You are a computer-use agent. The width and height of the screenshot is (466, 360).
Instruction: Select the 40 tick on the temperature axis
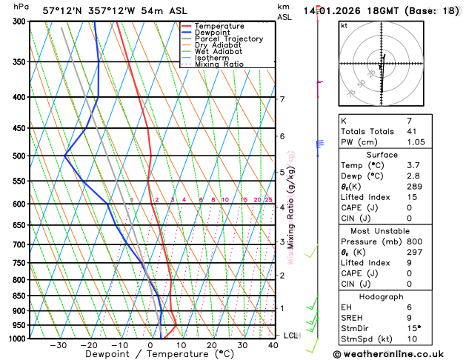[x=273, y=345]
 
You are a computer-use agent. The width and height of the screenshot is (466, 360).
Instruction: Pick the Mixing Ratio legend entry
[x=219, y=64]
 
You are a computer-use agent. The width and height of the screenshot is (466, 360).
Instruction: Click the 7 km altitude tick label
[x=282, y=99]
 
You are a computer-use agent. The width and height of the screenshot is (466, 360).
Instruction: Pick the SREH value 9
[x=410, y=319]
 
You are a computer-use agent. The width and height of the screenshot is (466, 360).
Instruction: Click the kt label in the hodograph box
[x=344, y=26]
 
